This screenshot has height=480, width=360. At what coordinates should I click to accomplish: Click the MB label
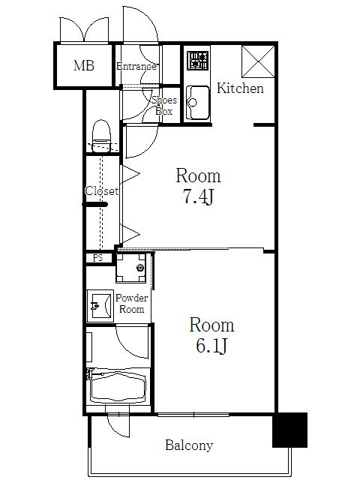click(83, 66)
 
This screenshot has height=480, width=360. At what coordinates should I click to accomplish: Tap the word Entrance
click(136, 66)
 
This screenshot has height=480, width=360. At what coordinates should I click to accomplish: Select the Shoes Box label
click(163, 106)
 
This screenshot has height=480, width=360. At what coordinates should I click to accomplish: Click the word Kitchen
click(240, 88)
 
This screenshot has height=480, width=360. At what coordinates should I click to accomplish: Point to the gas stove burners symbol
click(198, 60)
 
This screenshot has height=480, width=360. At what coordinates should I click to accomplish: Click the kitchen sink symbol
click(197, 102)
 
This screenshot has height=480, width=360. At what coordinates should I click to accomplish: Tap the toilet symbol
click(100, 135)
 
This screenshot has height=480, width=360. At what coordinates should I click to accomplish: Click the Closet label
click(101, 191)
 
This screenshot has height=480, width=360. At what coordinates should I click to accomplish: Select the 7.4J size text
click(199, 199)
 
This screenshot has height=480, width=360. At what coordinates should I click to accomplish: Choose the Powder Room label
click(132, 304)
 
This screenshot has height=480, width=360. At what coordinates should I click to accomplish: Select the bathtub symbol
click(118, 387)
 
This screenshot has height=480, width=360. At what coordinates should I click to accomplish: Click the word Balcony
click(189, 445)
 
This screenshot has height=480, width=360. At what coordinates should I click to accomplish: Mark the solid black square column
click(289, 430)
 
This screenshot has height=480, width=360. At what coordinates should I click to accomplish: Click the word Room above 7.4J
click(198, 176)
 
